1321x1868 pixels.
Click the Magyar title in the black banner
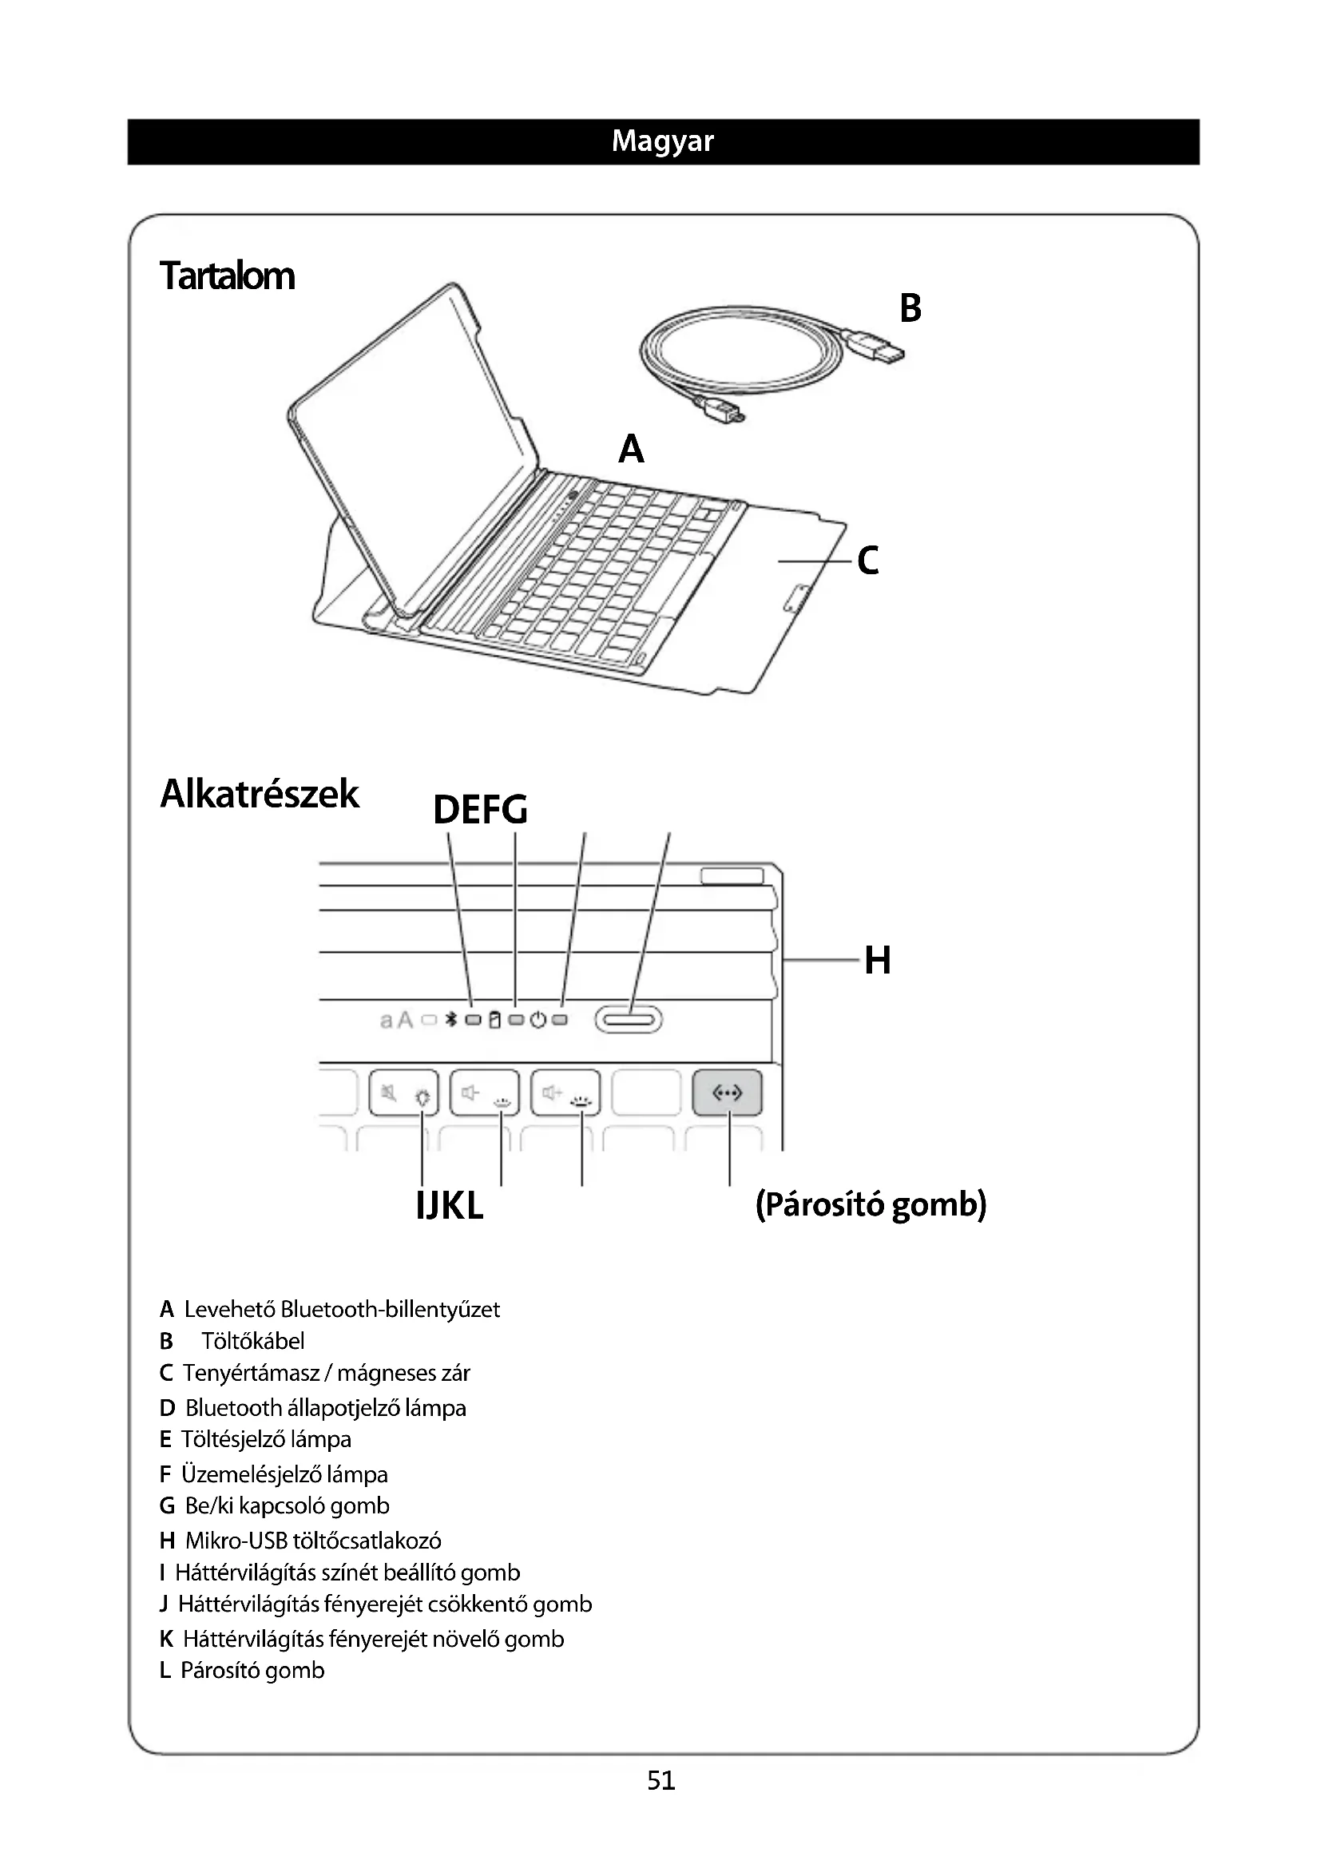(662, 141)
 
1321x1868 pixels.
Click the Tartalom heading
(227, 276)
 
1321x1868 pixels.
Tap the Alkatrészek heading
(260, 793)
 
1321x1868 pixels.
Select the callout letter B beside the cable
(910, 308)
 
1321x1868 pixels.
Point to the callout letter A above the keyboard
(631, 449)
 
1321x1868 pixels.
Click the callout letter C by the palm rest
(868, 561)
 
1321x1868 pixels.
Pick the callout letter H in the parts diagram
(878, 960)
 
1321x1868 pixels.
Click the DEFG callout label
(480, 810)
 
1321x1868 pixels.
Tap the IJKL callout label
(449, 1205)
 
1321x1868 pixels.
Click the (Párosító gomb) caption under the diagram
(871, 1204)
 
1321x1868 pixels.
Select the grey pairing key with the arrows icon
(728, 1093)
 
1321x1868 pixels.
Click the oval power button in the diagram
(629, 1019)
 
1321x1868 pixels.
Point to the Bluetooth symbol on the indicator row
(451, 1019)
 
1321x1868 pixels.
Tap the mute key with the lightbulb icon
(404, 1093)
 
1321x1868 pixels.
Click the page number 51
(660, 1780)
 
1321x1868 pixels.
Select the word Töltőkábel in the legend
(253, 1341)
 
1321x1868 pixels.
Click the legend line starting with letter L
(243, 1670)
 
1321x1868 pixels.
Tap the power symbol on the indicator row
(538, 1019)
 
